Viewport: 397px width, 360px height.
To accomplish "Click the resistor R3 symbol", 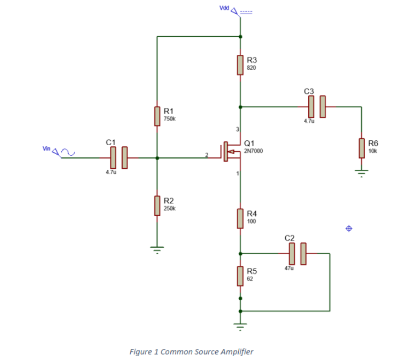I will point(240,65).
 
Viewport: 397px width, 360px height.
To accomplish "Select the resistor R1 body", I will point(157,116).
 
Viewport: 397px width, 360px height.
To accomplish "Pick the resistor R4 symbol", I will point(240,218).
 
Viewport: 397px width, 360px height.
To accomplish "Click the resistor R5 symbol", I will point(240,276).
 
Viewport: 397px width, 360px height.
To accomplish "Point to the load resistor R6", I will point(361,147).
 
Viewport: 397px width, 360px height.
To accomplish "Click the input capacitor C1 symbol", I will point(119,158).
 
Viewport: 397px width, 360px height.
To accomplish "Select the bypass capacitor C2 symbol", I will point(297,254).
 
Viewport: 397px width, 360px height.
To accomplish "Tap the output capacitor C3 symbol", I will point(317,106).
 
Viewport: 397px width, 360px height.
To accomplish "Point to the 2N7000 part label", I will point(253,150).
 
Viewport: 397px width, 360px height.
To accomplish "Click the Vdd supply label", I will point(224,8).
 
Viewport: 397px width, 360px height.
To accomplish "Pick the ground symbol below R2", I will point(157,250).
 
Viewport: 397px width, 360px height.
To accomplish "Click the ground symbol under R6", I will point(361,173).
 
